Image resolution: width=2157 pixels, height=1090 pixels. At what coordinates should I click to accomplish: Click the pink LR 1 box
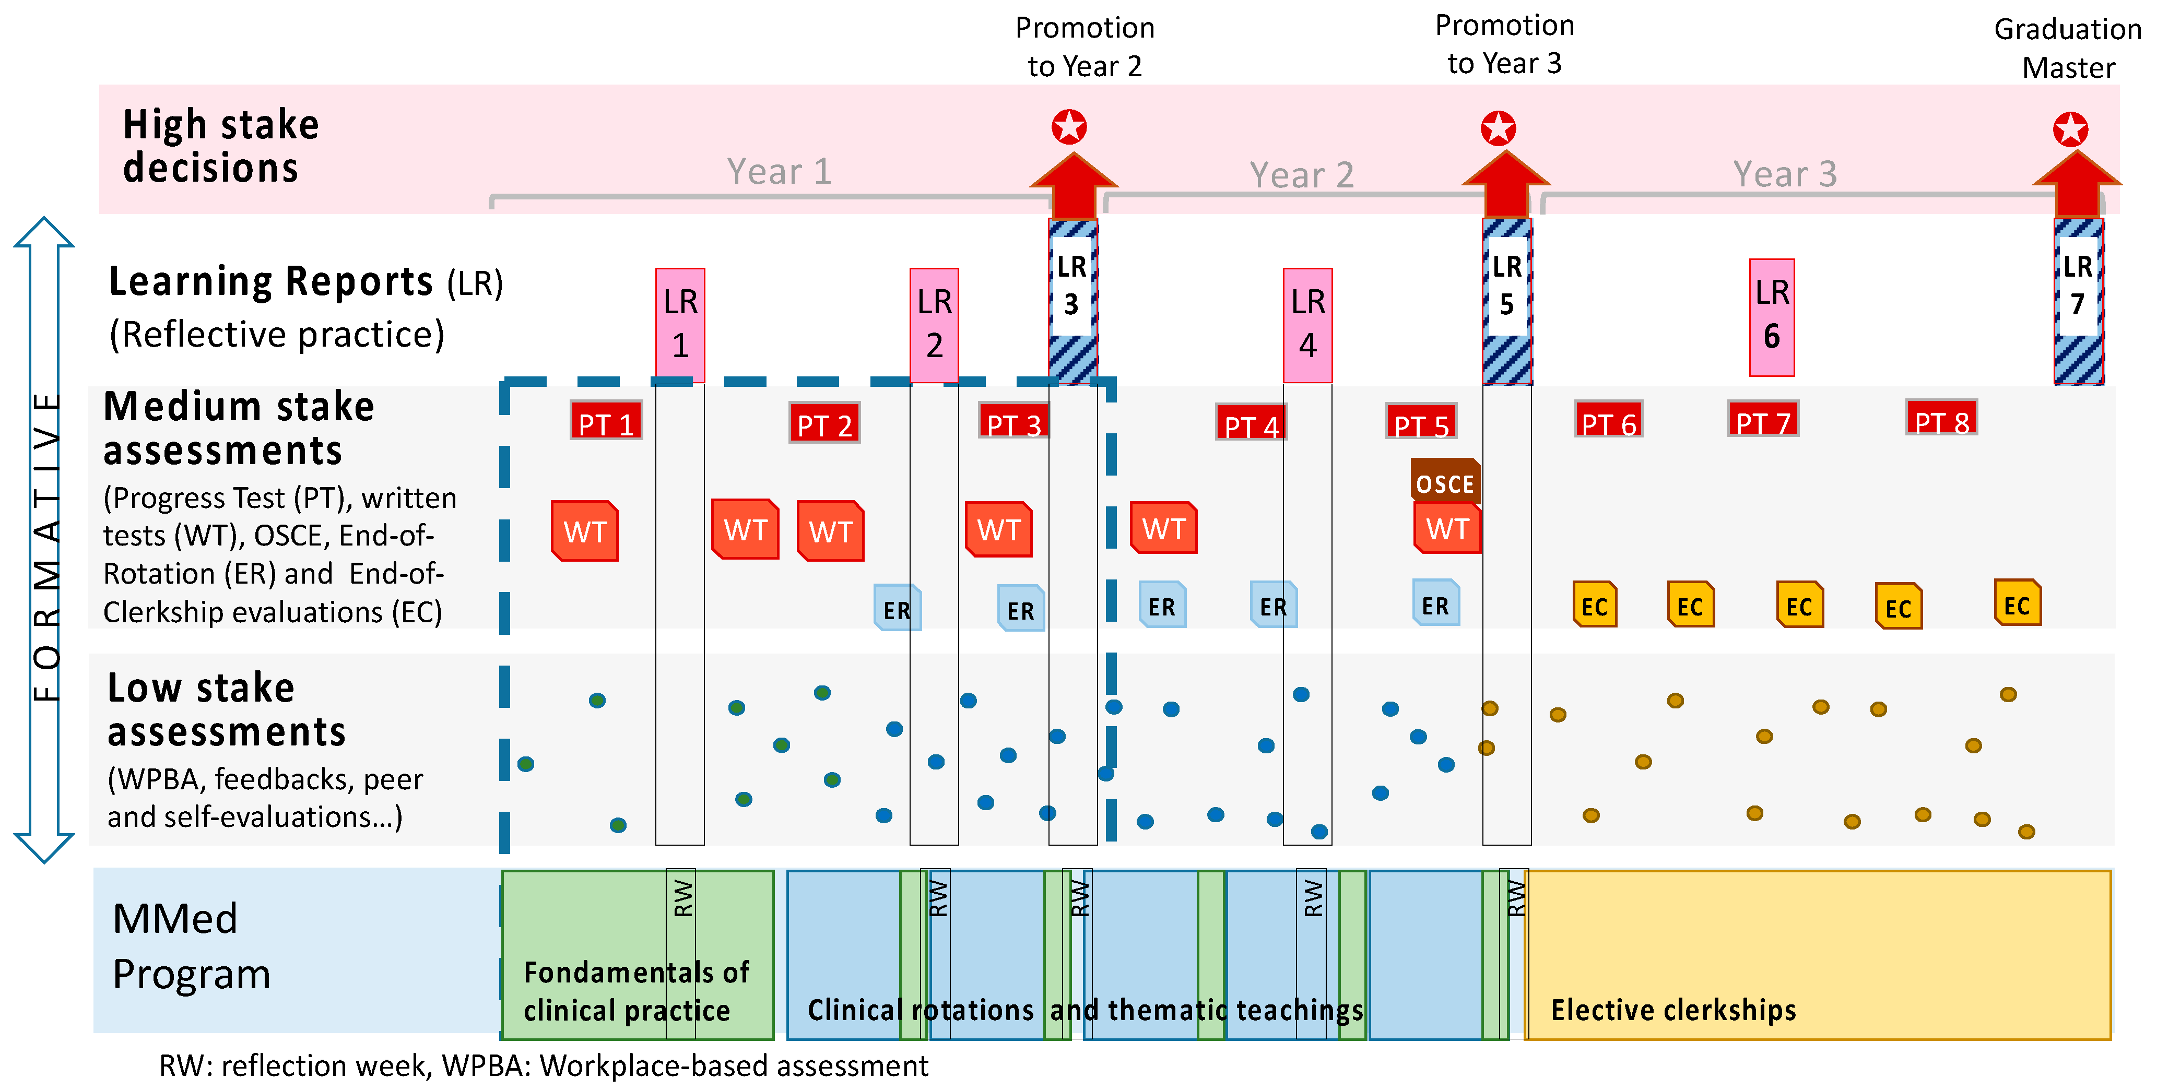pyautogui.click(x=680, y=325)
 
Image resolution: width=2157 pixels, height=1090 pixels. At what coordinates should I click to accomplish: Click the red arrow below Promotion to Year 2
pyautogui.click(x=1072, y=186)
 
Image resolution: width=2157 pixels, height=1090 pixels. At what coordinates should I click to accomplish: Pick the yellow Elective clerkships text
pyautogui.click(x=1673, y=1010)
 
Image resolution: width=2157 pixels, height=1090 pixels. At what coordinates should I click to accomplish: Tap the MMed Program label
pyautogui.click(x=191, y=946)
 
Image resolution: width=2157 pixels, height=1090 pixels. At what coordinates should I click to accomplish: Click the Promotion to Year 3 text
pyautogui.click(x=1505, y=44)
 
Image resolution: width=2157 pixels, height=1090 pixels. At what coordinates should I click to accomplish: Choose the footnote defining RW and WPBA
pyautogui.click(x=544, y=1065)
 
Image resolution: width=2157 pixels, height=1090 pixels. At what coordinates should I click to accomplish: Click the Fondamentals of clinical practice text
pyautogui.click(x=637, y=991)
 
